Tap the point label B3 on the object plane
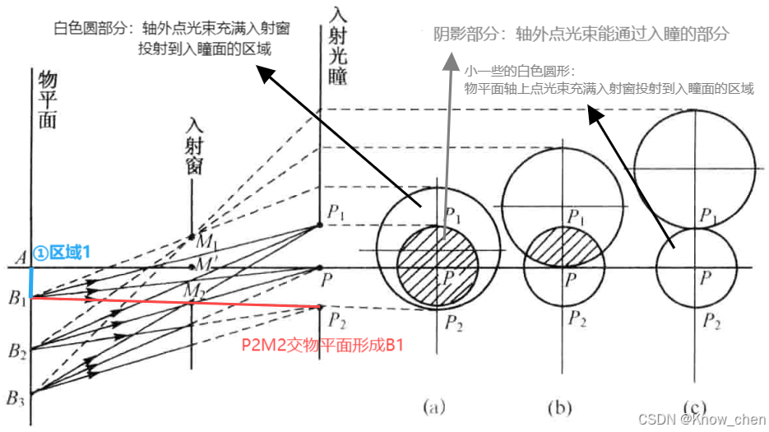[16, 399]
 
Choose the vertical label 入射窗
[194, 148]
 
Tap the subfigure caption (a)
[433, 406]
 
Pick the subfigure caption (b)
[563, 406]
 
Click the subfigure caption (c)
[696, 406]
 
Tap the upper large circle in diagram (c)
[696, 168]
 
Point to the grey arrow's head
[449, 62]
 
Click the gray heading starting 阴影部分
[581, 35]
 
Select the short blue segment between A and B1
[31, 281]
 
